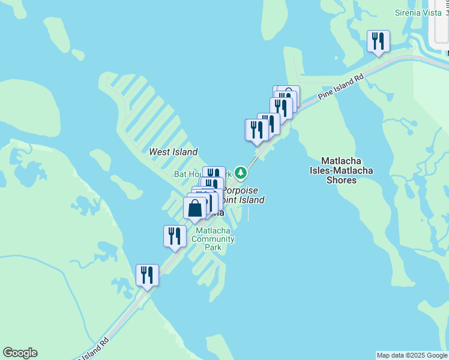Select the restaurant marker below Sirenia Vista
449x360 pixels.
click(x=378, y=41)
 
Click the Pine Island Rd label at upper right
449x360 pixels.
click(x=342, y=87)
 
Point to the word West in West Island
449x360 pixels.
click(x=160, y=152)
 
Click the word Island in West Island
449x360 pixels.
click(x=185, y=152)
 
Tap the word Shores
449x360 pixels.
click(x=341, y=180)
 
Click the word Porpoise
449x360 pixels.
click(x=240, y=190)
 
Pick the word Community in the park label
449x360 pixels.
click(x=213, y=239)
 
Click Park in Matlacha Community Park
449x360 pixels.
click(x=212, y=247)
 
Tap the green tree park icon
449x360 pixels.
click(x=241, y=173)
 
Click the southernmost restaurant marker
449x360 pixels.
click(x=147, y=275)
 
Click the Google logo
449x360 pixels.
click(x=20, y=353)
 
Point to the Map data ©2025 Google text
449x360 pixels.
click(x=412, y=355)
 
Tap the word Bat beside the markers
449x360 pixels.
click(x=180, y=174)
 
